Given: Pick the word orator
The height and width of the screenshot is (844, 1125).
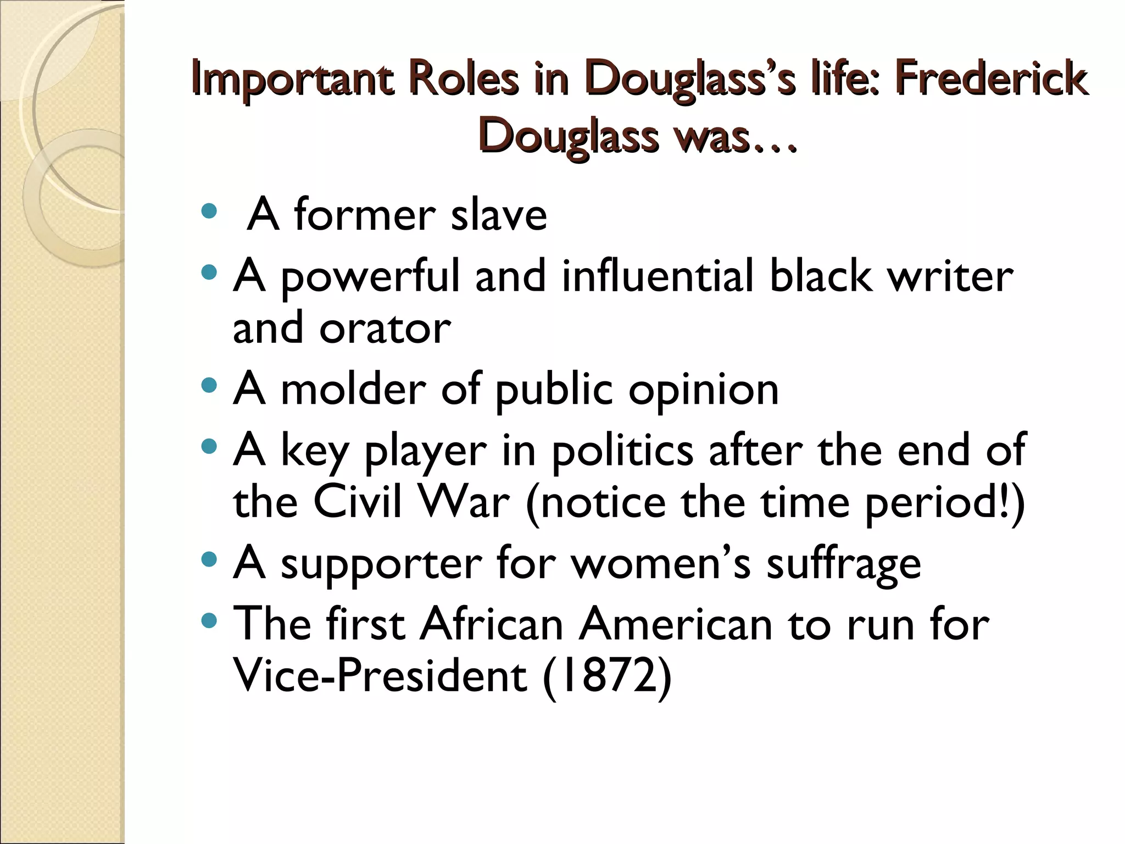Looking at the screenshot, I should [385, 328].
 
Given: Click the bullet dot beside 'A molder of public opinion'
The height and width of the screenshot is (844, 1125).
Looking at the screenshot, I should [209, 385].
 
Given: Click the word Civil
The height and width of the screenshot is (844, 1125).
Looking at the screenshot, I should [357, 502].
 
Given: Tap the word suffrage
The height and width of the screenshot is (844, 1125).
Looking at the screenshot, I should [843, 565].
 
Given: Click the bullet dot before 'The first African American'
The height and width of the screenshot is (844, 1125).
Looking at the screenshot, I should [209, 621].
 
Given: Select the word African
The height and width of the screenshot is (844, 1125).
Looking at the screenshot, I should [492, 624].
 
